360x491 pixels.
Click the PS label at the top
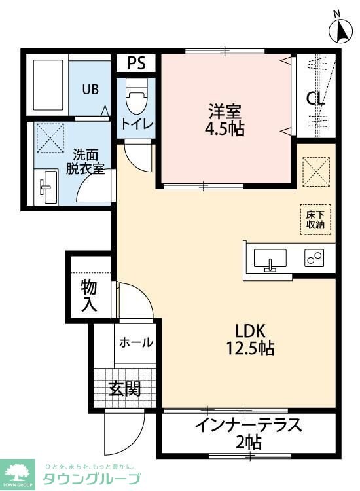[x=136, y=63]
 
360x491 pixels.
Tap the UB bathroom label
[x=90, y=89]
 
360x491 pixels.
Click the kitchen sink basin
[x=270, y=259]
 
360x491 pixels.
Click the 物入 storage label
[x=89, y=295]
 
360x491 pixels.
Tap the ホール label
[x=136, y=342]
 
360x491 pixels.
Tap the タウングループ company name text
[x=92, y=479]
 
